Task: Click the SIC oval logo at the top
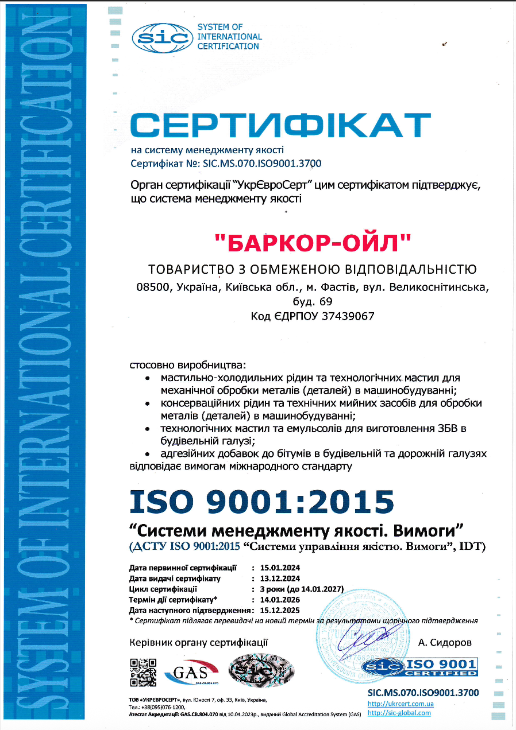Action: point(161,37)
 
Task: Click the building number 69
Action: point(324,301)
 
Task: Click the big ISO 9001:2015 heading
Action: point(262,500)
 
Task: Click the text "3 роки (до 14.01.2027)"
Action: point(302,589)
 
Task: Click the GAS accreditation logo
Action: point(192,671)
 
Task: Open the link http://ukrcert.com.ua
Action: point(401,704)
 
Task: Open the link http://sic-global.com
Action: point(399,713)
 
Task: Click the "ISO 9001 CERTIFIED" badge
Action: point(419,667)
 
